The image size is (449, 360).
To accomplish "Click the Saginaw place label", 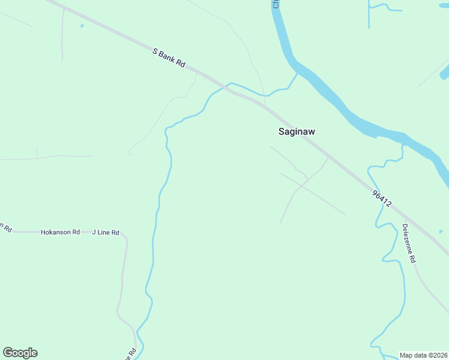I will click(x=297, y=131).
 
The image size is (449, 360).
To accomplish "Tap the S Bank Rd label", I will click(x=169, y=58).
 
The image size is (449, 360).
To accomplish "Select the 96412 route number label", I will click(x=382, y=199).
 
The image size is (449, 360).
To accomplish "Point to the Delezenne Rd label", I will click(x=409, y=244).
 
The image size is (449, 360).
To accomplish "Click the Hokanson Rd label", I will click(x=60, y=232).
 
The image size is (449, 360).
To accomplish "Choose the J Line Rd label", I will click(x=106, y=232).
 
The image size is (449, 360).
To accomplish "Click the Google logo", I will click(x=20, y=353).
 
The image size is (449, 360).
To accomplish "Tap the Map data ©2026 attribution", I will click(x=424, y=355).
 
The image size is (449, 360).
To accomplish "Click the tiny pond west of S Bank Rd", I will click(x=82, y=26).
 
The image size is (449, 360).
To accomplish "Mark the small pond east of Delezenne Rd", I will click(x=441, y=232).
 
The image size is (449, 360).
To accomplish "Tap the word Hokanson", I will click(x=56, y=232).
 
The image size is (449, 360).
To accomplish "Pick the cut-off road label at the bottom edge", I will click(x=133, y=354).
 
